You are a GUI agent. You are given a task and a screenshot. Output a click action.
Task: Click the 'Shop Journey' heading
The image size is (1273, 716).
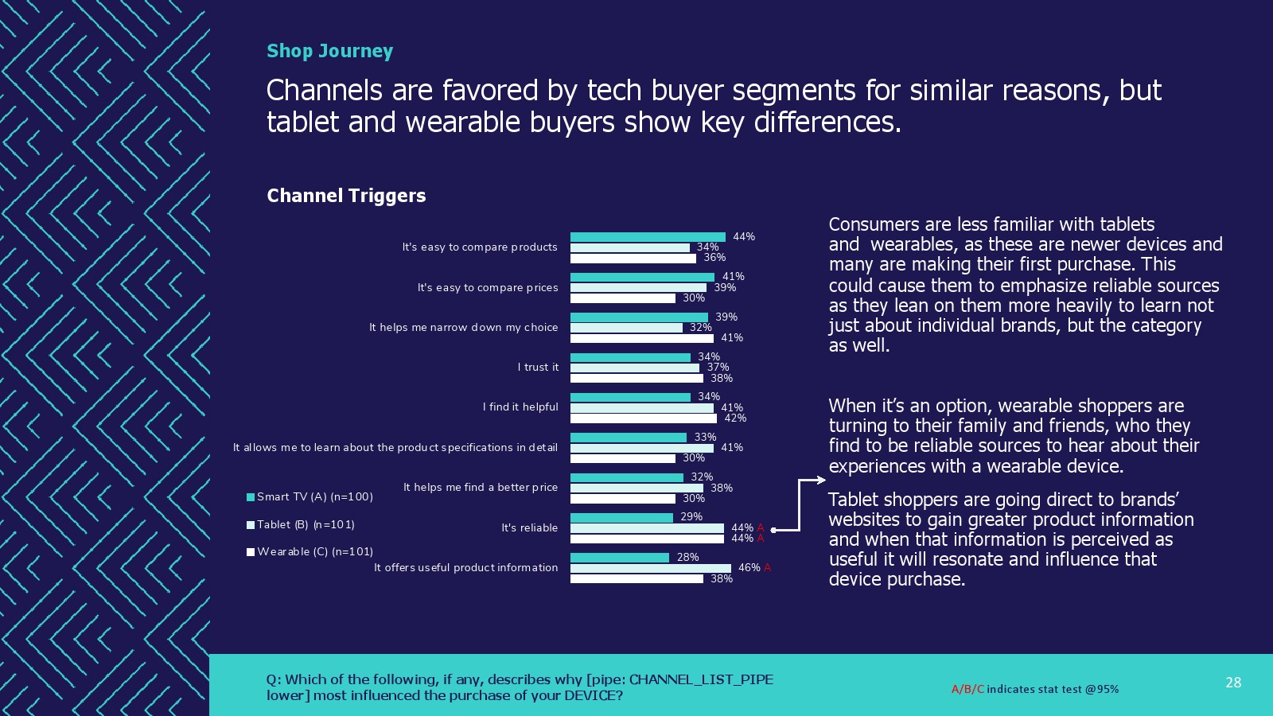pos(329,51)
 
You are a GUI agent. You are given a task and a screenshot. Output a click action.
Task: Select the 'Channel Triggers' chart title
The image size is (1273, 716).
pos(346,196)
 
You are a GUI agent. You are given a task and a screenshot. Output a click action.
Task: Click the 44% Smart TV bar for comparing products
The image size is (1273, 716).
pos(648,237)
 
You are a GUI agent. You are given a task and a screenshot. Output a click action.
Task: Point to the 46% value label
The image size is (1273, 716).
pos(749,568)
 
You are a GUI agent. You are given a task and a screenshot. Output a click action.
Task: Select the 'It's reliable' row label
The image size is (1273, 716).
pos(529,528)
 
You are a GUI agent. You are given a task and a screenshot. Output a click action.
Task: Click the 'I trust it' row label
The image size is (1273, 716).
pos(538,368)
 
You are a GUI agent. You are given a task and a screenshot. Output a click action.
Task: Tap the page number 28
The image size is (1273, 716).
pos(1233,683)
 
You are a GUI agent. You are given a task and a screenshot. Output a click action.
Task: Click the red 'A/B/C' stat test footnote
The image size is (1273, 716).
pos(967,690)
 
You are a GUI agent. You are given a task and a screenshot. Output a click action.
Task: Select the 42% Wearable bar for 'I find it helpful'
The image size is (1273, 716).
pos(643,418)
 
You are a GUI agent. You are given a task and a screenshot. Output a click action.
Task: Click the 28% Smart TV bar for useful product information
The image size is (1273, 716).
pos(620,558)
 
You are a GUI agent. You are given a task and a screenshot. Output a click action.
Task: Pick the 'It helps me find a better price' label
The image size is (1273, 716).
pos(481,488)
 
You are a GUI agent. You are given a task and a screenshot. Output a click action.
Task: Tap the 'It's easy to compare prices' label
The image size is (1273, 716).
pos(488,288)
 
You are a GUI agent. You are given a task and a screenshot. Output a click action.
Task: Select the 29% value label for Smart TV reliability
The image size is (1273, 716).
pos(691,517)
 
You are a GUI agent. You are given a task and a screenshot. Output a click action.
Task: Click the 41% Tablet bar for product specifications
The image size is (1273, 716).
pos(642,448)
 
